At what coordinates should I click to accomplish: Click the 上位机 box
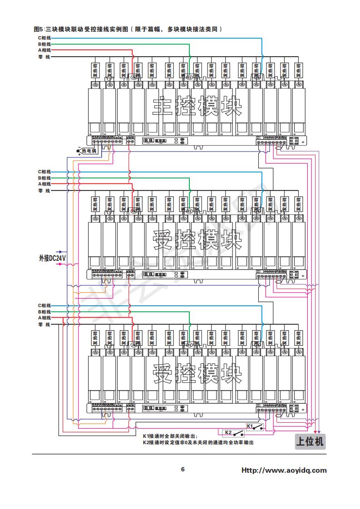(310, 441)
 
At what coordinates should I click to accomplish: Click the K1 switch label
(250, 426)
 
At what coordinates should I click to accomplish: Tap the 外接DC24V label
(52, 258)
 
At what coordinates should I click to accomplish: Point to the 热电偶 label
(89, 151)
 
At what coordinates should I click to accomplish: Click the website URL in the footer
(284, 470)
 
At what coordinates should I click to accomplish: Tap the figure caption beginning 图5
(128, 29)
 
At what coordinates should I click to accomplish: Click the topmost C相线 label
(44, 38)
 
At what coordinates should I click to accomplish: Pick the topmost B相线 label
(44, 44)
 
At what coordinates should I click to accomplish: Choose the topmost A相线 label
(44, 50)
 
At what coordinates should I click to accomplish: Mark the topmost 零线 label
(44, 57)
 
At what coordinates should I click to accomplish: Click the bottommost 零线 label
(44, 324)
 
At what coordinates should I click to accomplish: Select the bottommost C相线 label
(44, 305)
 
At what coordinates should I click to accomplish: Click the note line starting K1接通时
(170, 436)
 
